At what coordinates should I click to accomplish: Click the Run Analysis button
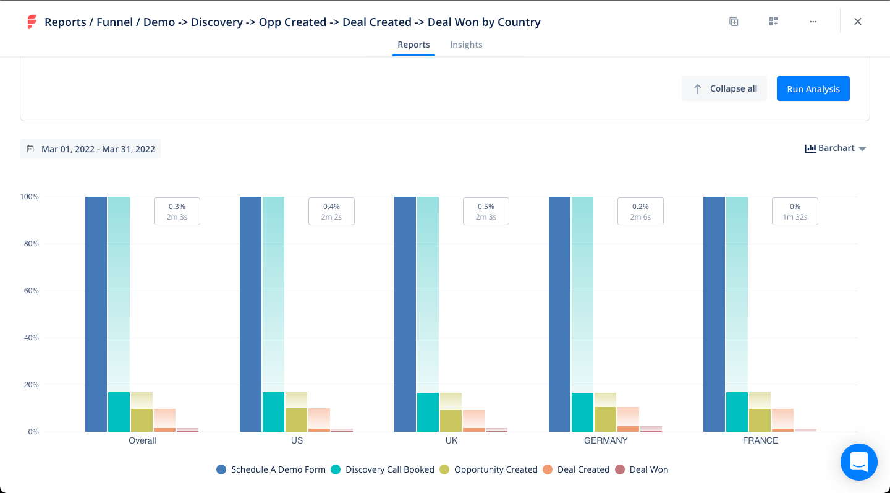click(813, 88)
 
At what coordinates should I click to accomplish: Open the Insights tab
click(466, 45)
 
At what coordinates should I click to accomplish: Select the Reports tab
click(413, 45)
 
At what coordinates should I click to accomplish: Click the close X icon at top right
click(857, 22)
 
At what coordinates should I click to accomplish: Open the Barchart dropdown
click(835, 148)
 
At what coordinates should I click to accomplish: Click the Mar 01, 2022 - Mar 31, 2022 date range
click(91, 149)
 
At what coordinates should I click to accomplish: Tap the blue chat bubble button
click(858, 462)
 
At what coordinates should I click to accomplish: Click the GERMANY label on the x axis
click(606, 440)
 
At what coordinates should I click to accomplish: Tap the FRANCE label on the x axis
click(760, 440)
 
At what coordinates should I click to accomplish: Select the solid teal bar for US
click(273, 412)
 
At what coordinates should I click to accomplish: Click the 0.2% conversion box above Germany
click(640, 211)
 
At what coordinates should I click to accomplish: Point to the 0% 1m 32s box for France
click(795, 211)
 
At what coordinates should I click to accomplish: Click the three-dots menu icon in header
click(813, 22)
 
